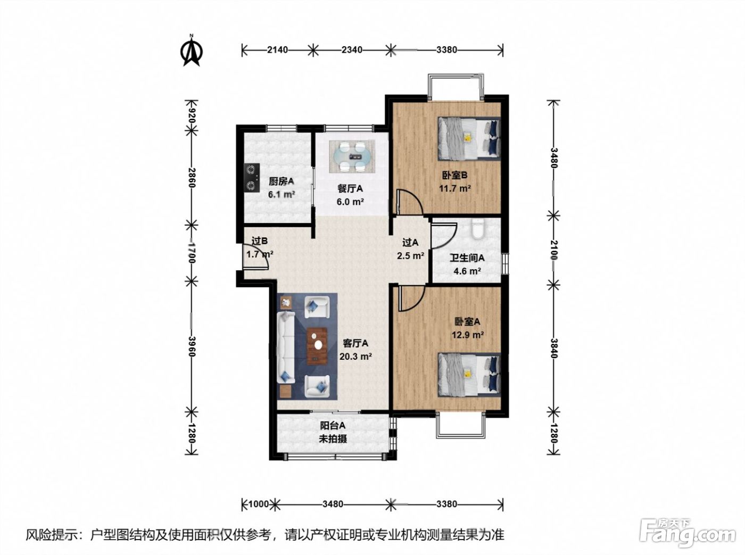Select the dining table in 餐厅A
pos(352,156)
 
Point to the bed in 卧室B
pos(469,138)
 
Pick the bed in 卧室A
pos(469,375)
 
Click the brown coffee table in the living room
pos(317,346)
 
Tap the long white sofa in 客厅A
pos(286,347)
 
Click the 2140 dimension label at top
pos(277,50)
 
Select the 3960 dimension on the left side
pos(192,347)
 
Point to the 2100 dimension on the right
pos(553,249)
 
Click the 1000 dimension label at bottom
pos(259,504)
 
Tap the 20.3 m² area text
pos(355,357)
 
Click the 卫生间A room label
pos(467,258)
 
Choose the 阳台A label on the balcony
pos(333,426)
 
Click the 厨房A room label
pos(281,181)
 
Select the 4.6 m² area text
pos(467,271)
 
